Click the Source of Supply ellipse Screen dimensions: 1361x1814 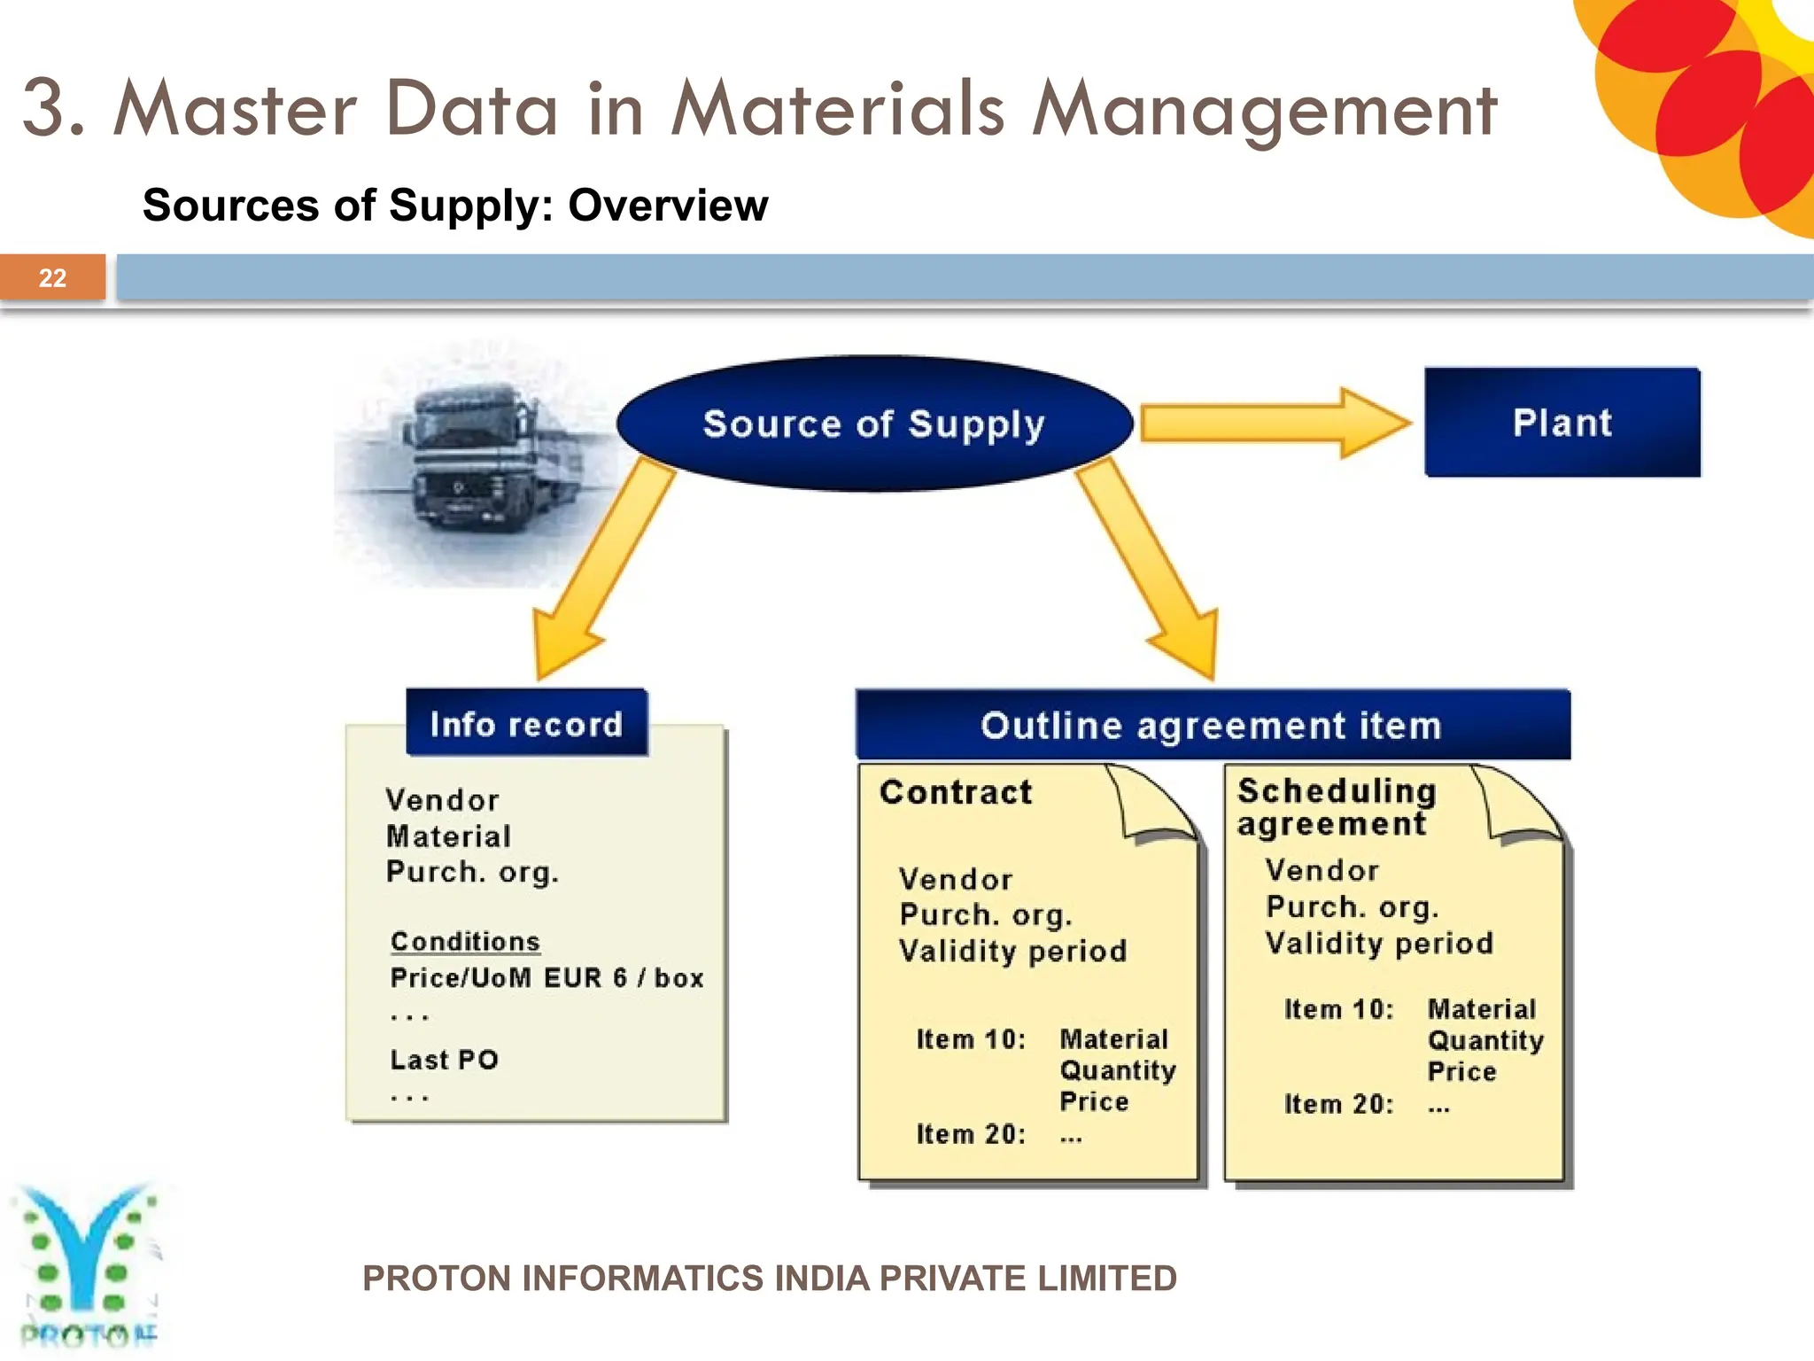tap(874, 424)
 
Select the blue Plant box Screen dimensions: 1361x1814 tap(1562, 423)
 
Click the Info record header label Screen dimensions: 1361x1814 tap(526, 724)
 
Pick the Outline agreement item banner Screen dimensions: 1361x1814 tap(1212, 726)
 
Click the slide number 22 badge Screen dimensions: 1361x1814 tap(52, 277)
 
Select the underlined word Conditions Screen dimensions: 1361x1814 tap(465, 941)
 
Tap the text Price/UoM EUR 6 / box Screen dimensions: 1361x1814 tap(547, 978)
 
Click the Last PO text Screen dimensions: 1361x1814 tap(444, 1060)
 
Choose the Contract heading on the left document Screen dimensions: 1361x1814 tap(956, 791)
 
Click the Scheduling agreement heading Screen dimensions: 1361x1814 tap(1336, 806)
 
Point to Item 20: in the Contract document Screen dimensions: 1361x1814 tap(971, 1134)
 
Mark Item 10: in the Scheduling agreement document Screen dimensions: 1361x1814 tap(1338, 1009)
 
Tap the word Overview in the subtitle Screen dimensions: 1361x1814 tap(668, 206)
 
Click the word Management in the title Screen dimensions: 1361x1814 tap(1264, 110)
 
